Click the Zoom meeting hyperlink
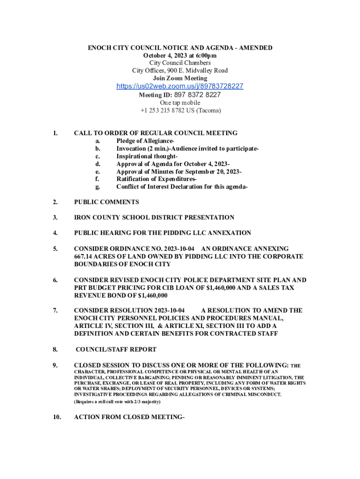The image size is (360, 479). pyautogui.click(x=180, y=87)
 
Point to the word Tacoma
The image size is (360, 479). pyautogui.click(x=208, y=111)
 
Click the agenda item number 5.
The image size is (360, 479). pyautogui.click(x=55, y=249)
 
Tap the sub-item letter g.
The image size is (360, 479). pyautogui.click(x=97, y=187)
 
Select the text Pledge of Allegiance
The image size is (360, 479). pyautogui.click(x=144, y=141)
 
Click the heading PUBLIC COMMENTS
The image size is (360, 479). pyautogui.click(x=107, y=202)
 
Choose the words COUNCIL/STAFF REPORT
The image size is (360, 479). pyautogui.click(x=116, y=349)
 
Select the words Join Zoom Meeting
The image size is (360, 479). pyautogui.click(x=180, y=79)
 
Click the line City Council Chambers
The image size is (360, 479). pyautogui.click(x=180, y=63)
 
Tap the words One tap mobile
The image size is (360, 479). pyautogui.click(x=180, y=103)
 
